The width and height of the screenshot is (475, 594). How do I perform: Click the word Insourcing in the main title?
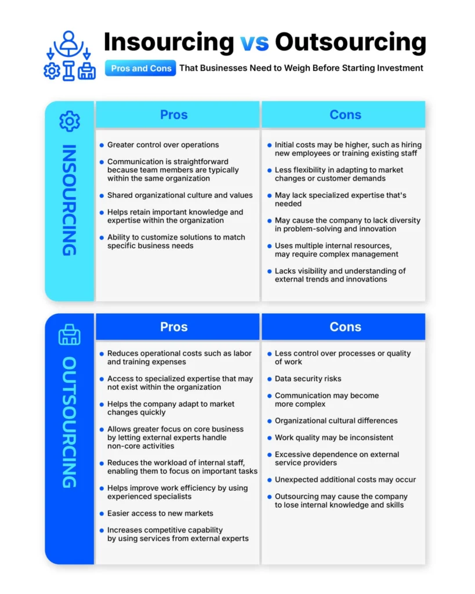168,42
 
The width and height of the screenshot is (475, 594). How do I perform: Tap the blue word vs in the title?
255,42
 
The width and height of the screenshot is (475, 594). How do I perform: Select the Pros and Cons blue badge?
141,68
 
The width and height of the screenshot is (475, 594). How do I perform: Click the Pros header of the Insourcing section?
174,115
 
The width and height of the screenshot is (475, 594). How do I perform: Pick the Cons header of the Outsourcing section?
345,327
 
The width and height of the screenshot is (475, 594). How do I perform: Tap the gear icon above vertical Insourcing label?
70,121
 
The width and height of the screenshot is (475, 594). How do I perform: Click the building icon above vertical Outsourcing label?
70,335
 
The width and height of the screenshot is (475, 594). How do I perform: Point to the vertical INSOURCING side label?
69,200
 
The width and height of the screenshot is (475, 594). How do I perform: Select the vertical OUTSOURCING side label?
69,422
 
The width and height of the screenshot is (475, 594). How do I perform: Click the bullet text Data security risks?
307,379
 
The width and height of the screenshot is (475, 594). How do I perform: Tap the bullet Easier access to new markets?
160,513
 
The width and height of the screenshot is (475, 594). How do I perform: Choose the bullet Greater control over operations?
163,145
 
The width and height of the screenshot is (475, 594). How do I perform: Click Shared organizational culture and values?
180,195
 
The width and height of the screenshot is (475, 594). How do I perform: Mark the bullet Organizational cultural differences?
336,421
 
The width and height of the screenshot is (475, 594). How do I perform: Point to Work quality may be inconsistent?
334,437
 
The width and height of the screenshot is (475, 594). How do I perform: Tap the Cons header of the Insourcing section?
345,115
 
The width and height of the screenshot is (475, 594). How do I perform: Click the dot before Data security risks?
269,379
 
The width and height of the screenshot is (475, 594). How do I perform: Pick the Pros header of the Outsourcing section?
174,327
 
